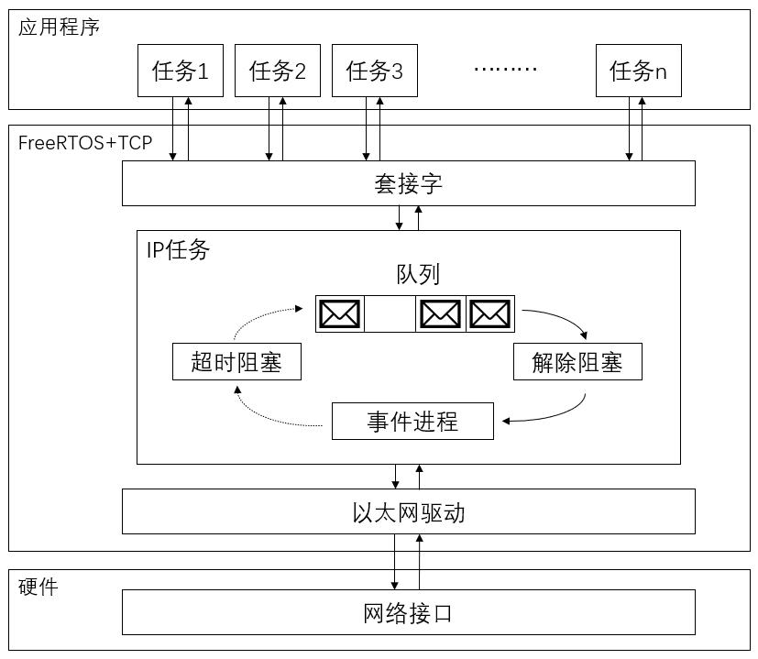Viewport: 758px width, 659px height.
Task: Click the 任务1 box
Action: (x=181, y=71)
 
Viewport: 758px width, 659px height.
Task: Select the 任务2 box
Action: (x=277, y=71)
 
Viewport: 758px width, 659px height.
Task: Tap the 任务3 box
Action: (x=374, y=71)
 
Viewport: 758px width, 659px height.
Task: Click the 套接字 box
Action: (x=409, y=184)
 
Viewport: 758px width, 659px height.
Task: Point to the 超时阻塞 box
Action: (x=236, y=362)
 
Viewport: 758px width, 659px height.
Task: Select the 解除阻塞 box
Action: (x=577, y=362)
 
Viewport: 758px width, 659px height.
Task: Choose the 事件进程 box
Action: (x=412, y=422)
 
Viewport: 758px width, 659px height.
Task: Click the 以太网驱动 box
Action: (x=409, y=511)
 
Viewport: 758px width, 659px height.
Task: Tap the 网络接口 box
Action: (x=409, y=612)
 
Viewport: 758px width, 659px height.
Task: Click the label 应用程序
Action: (x=60, y=27)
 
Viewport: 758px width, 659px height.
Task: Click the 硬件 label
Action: (x=38, y=587)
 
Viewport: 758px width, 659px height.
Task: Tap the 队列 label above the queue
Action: (x=418, y=274)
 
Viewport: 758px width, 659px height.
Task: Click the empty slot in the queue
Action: (x=390, y=314)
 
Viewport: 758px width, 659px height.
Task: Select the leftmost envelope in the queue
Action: (x=340, y=314)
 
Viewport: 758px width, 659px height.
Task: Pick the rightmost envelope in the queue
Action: (x=490, y=314)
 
